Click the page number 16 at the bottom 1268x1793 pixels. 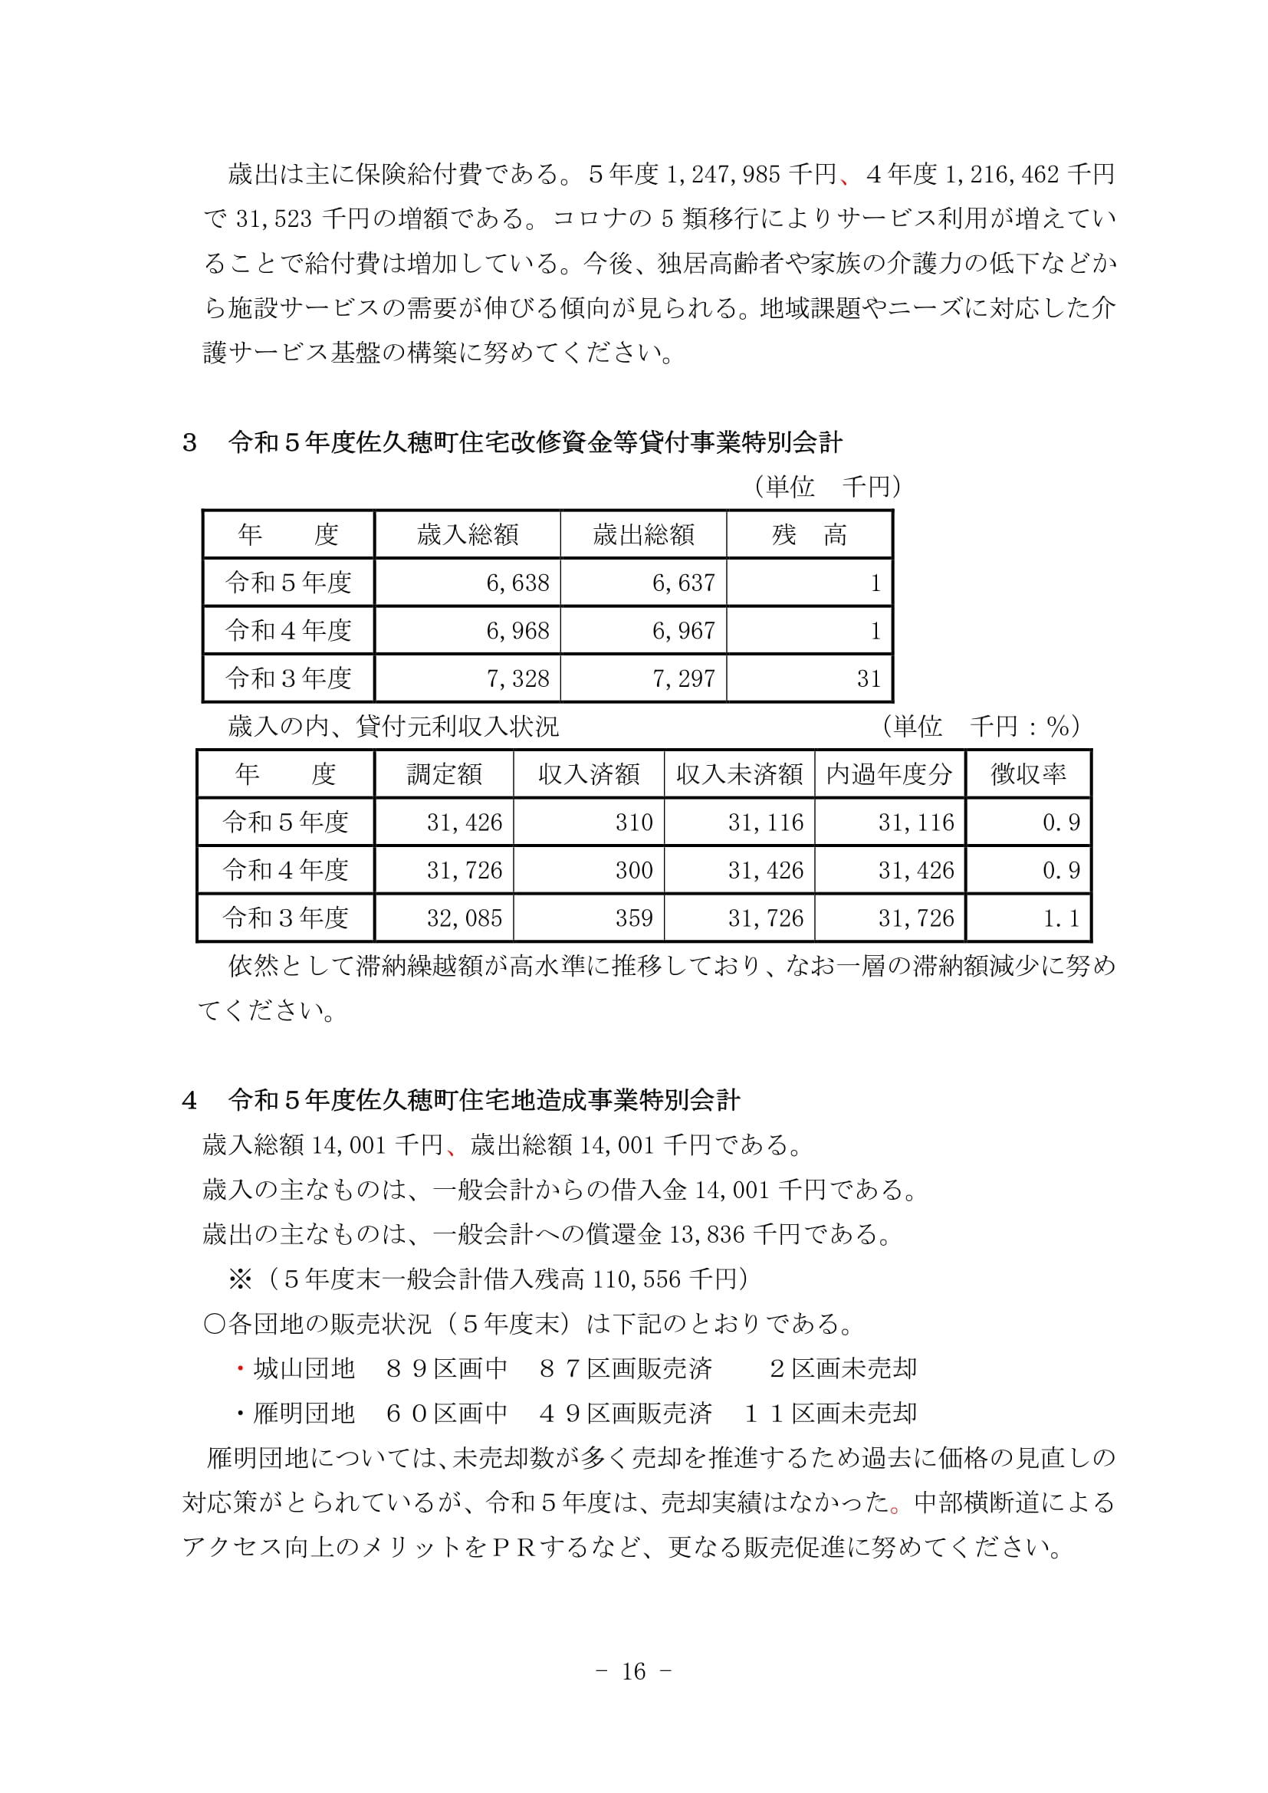[x=633, y=1671]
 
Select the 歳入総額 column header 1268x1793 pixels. [x=467, y=535]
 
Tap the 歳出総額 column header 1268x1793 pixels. [x=643, y=535]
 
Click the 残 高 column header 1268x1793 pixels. [x=809, y=535]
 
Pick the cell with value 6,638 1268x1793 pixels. [x=517, y=583]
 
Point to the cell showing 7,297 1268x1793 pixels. [x=683, y=678]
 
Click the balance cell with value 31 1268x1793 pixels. [x=869, y=678]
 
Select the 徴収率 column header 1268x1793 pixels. [x=1027, y=774]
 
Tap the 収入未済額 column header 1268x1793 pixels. [x=738, y=774]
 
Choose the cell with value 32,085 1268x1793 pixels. [x=464, y=918]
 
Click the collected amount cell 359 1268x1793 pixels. [x=633, y=918]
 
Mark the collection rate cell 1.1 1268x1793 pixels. [x=1061, y=918]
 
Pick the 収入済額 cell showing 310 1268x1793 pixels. [x=633, y=823]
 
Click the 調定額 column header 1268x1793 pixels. [x=443, y=774]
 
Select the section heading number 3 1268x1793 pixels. [x=189, y=444]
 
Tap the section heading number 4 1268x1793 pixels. [x=189, y=1101]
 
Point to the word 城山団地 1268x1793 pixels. [x=304, y=1368]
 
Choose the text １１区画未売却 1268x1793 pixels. [x=830, y=1413]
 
